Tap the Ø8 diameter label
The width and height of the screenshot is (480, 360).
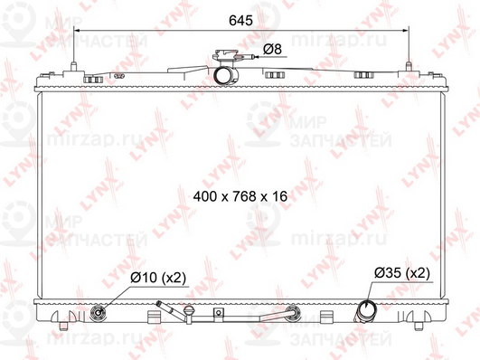coord(270,47)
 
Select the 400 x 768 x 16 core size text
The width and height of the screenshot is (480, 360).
coord(240,195)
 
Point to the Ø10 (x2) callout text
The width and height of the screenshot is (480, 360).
coord(158,279)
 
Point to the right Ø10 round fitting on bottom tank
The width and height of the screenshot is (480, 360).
coord(291,315)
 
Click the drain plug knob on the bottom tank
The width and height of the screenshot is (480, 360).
coord(187,313)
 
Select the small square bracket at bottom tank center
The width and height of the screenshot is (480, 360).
coord(217,315)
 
